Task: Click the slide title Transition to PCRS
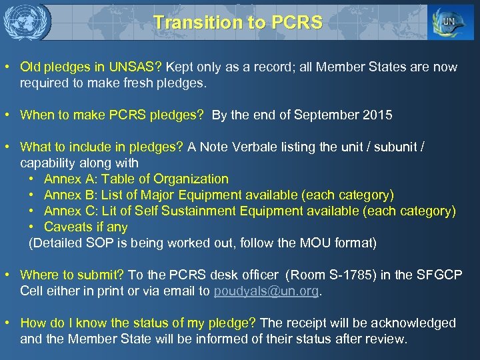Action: point(238,22)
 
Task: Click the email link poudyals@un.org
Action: point(267,291)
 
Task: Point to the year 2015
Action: point(378,115)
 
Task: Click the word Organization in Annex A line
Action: point(191,179)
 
